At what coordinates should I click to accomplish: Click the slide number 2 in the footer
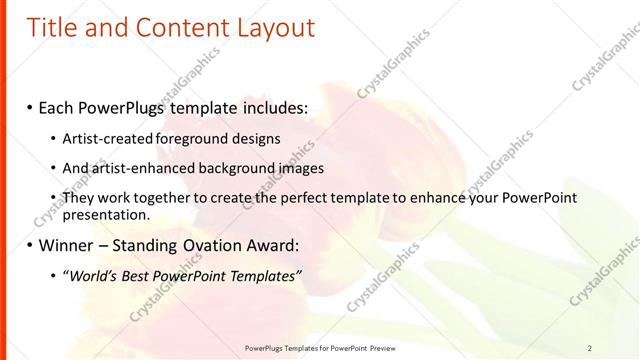(590, 347)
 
